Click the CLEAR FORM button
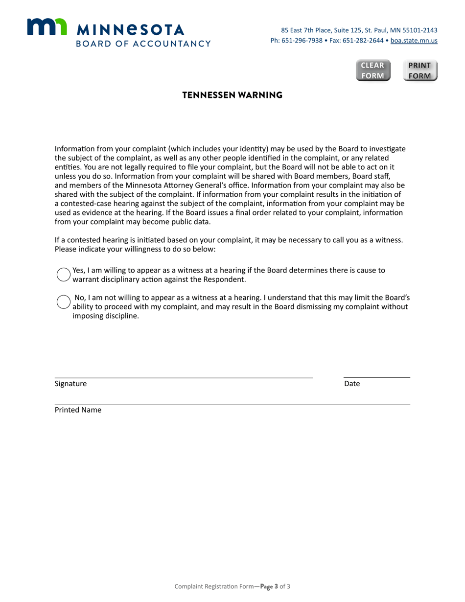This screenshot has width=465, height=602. click(373, 70)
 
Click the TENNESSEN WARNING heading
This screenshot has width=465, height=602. click(232, 95)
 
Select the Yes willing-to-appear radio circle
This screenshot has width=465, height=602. click(64, 275)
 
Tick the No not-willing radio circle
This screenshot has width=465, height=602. click(64, 302)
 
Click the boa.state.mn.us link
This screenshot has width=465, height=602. click(414, 41)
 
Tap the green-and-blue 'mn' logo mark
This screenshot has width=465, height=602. click(46, 27)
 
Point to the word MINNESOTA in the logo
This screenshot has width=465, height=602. click(131, 30)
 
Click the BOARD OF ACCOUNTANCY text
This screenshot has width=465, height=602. click(143, 44)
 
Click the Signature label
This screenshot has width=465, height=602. click(70, 384)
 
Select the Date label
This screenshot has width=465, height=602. click(352, 384)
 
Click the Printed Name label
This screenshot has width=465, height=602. click(78, 410)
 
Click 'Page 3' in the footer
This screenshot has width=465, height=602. click(269, 586)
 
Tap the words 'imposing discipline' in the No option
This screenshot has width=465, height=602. click(106, 316)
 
